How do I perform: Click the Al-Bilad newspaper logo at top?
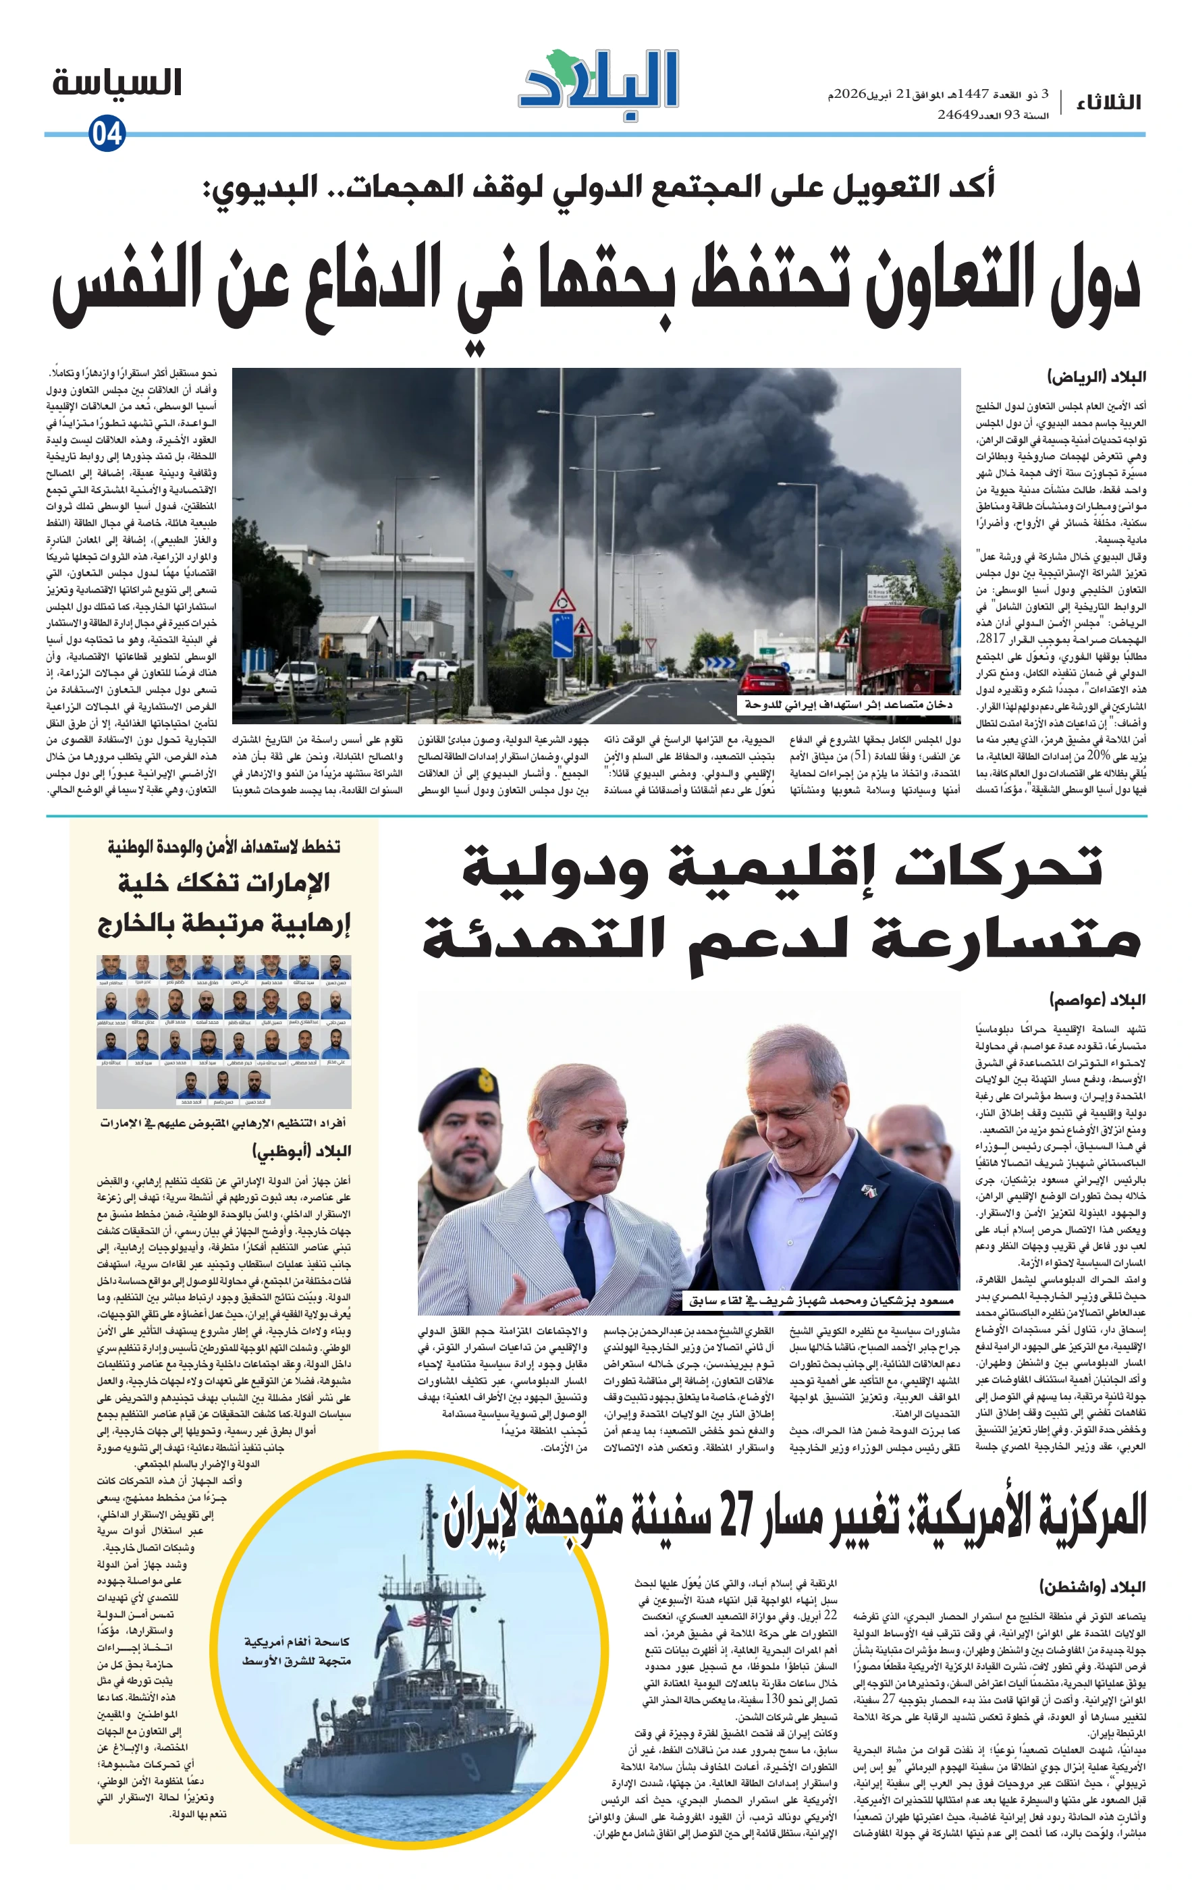tap(599, 85)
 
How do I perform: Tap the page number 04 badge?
tap(107, 134)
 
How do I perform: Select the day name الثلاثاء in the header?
tap(1108, 102)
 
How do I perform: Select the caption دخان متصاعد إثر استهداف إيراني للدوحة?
tap(848, 705)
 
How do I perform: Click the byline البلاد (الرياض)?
tap(1096, 377)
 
